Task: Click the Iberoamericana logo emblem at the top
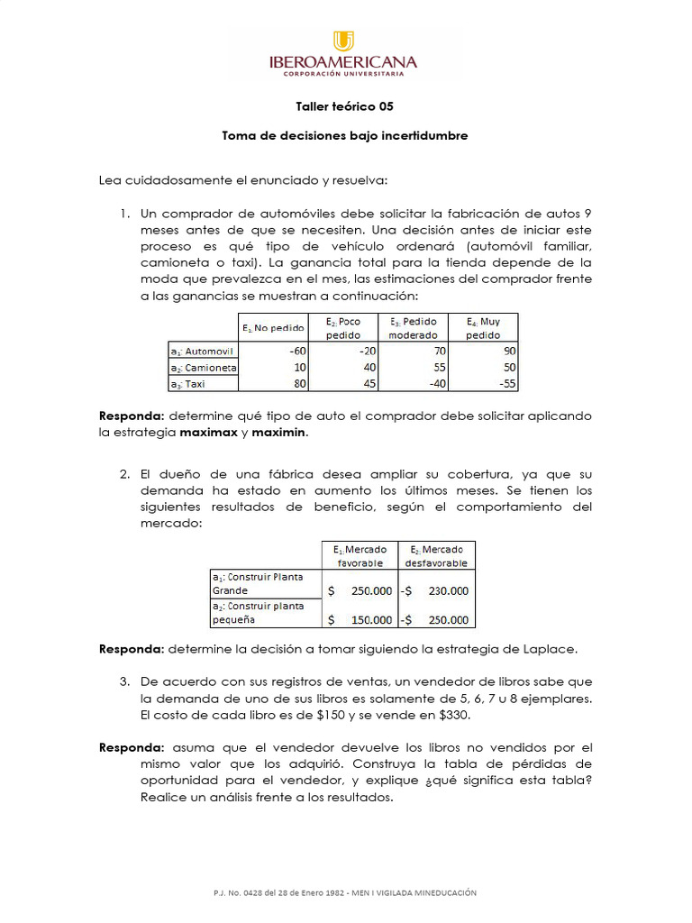[344, 41]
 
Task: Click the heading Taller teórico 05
[345, 106]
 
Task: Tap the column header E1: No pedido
[274, 328]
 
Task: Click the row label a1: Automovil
[203, 351]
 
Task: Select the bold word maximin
[279, 433]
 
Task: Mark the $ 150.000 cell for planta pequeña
[360, 619]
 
